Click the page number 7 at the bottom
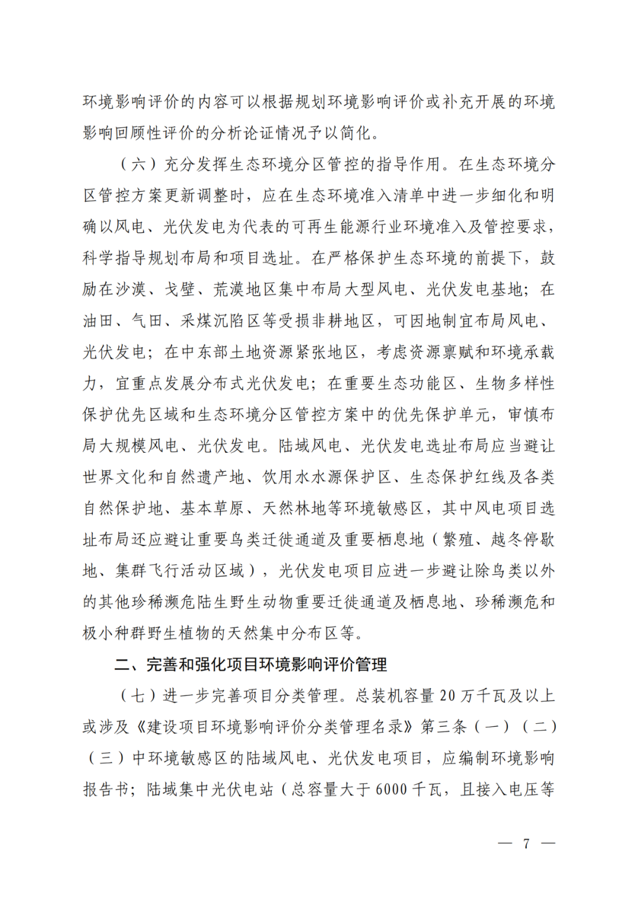click(x=526, y=844)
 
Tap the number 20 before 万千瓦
click(x=448, y=696)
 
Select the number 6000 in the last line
click(x=391, y=789)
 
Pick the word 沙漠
click(x=131, y=289)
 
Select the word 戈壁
click(x=180, y=289)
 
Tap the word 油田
click(x=98, y=321)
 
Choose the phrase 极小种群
click(x=115, y=633)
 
